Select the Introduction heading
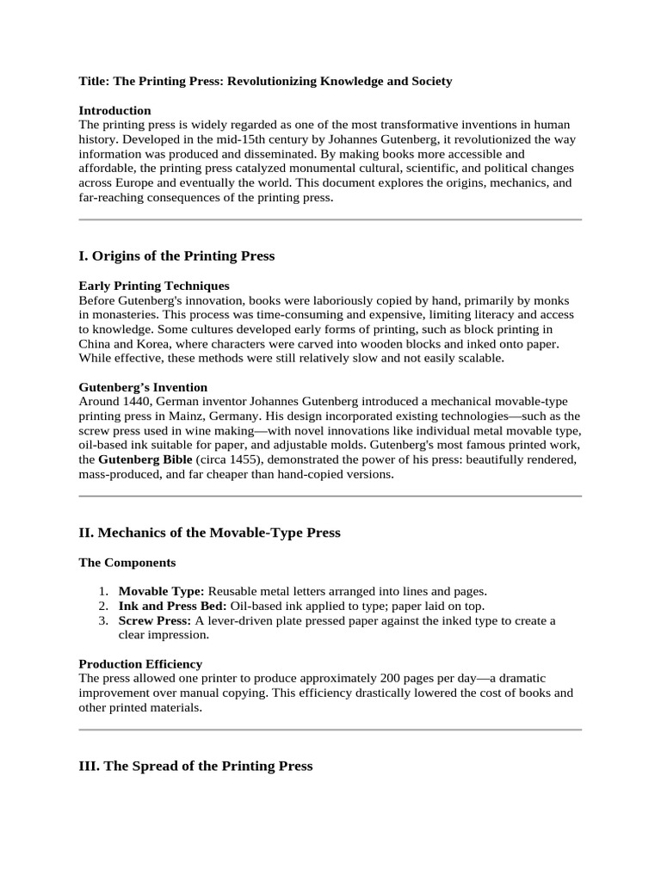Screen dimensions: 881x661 coord(114,110)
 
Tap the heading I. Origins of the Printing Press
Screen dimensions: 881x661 coord(176,256)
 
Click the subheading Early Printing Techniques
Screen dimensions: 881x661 coord(154,286)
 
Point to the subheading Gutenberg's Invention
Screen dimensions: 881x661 coord(143,387)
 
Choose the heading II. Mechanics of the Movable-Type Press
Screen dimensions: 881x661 coord(209,533)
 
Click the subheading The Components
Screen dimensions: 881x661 coord(127,563)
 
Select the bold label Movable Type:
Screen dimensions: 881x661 coord(161,592)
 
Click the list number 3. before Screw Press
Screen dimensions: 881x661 coord(102,620)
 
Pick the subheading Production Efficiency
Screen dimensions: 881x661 coord(140,663)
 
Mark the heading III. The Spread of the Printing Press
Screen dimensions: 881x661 coord(195,766)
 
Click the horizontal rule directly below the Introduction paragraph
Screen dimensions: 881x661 coord(330,220)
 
